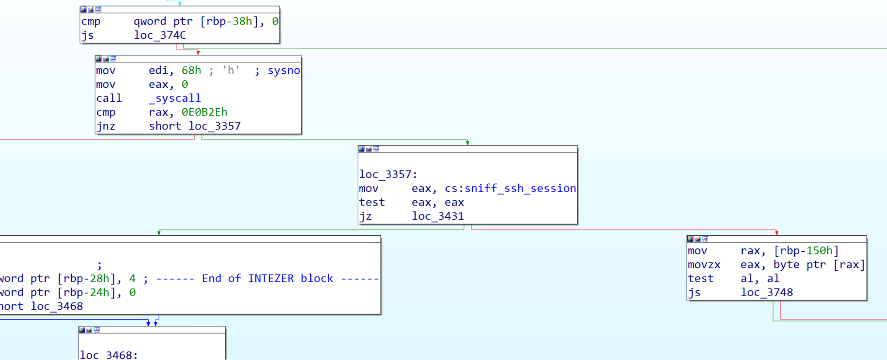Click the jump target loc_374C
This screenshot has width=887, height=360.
click(x=160, y=35)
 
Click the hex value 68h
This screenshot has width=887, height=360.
click(x=191, y=71)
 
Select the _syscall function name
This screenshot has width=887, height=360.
click(x=175, y=98)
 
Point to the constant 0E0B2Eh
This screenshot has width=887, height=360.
click(x=204, y=112)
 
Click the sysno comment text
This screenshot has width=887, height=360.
click(x=284, y=71)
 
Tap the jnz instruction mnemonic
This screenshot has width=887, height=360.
click(x=106, y=127)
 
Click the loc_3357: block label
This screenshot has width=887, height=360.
click(x=388, y=174)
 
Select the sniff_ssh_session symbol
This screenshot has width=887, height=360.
click(x=520, y=189)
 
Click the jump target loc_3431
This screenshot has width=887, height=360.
click(x=438, y=217)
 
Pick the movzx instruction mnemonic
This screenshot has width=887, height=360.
click(x=704, y=265)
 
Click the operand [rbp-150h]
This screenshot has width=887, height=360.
click(x=806, y=251)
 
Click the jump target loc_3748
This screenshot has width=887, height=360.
click(x=767, y=293)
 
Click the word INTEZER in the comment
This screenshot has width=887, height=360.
click(x=271, y=279)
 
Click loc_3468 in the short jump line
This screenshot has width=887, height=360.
click(x=57, y=307)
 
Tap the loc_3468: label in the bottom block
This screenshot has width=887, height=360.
click(x=109, y=355)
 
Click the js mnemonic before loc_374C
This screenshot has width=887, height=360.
click(x=87, y=35)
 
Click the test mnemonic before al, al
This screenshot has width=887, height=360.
click(x=701, y=279)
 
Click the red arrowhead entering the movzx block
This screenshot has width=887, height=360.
click(x=777, y=233)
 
